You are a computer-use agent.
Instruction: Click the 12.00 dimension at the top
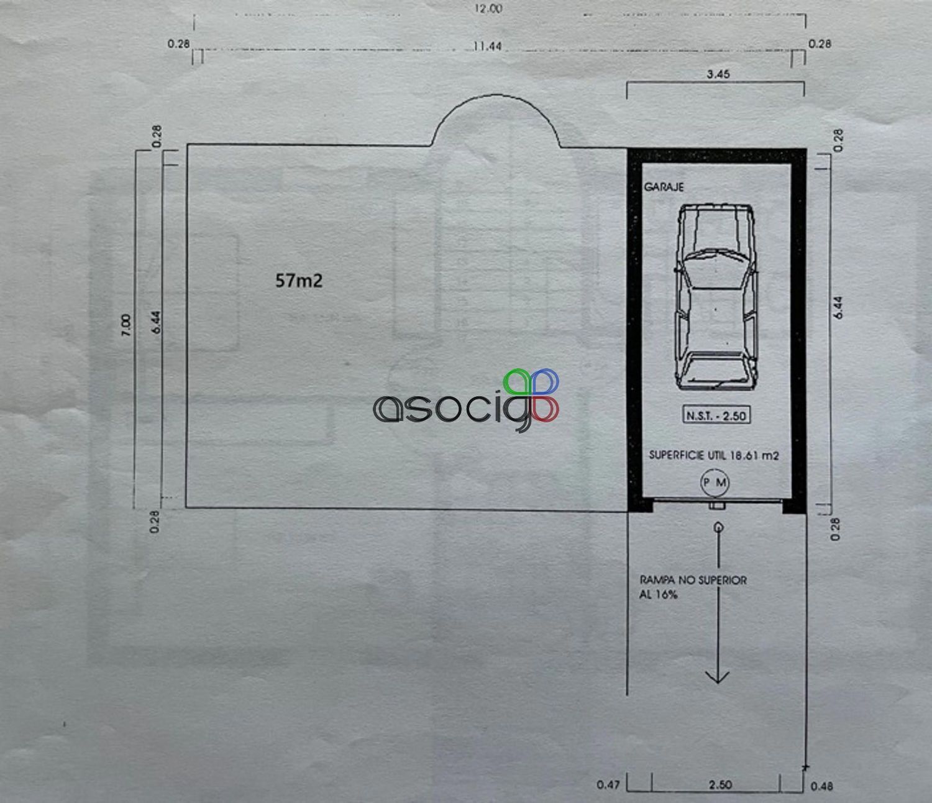[x=488, y=9]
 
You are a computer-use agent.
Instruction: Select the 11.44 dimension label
[x=487, y=46]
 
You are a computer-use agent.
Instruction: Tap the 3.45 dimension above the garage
[x=718, y=74]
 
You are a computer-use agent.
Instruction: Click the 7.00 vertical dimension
[x=127, y=325]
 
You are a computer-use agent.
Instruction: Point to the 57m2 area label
[x=299, y=281]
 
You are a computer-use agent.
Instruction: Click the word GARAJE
[x=663, y=187]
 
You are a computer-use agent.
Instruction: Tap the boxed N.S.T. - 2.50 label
[x=716, y=415]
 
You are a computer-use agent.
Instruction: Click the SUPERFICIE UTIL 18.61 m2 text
[x=714, y=455]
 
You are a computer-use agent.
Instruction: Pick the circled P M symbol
[x=715, y=483]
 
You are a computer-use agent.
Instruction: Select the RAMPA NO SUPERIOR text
[x=693, y=580]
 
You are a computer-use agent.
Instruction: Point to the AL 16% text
[x=659, y=595]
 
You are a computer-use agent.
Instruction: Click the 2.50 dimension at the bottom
[x=720, y=785]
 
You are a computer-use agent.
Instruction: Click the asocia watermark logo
[x=466, y=401]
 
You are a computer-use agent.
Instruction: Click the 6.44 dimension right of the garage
[x=838, y=308]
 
